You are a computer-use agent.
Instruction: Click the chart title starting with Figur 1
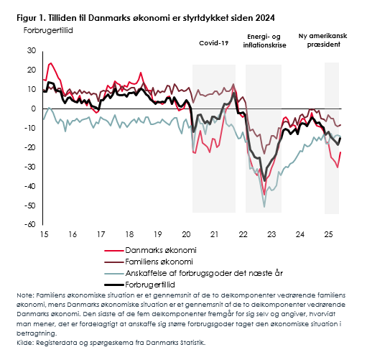(x=146, y=18)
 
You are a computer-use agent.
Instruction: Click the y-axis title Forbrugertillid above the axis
(x=48, y=31)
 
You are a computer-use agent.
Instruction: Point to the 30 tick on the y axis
(x=32, y=50)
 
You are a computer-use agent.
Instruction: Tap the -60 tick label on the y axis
(x=30, y=224)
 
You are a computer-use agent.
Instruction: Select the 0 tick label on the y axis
(x=34, y=109)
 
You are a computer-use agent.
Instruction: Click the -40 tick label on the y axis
(x=30, y=186)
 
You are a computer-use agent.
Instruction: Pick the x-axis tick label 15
(x=45, y=234)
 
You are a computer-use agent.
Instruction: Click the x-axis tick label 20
(x=186, y=234)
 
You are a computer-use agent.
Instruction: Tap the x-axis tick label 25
(x=328, y=234)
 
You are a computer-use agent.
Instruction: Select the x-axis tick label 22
(x=243, y=234)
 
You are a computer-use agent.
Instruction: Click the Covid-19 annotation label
(x=214, y=43)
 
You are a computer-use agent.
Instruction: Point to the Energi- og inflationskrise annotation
(x=264, y=41)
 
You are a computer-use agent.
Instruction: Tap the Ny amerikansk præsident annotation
(x=322, y=40)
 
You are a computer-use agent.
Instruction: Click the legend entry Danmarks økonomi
(x=161, y=250)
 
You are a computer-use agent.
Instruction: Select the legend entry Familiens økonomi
(x=159, y=262)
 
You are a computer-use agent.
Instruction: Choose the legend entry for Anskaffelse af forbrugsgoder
(x=204, y=273)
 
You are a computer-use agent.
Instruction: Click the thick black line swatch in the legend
(x=114, y=285)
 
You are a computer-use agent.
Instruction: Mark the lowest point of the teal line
(x=264, y=207)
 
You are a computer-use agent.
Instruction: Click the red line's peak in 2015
(x=50, y=63)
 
